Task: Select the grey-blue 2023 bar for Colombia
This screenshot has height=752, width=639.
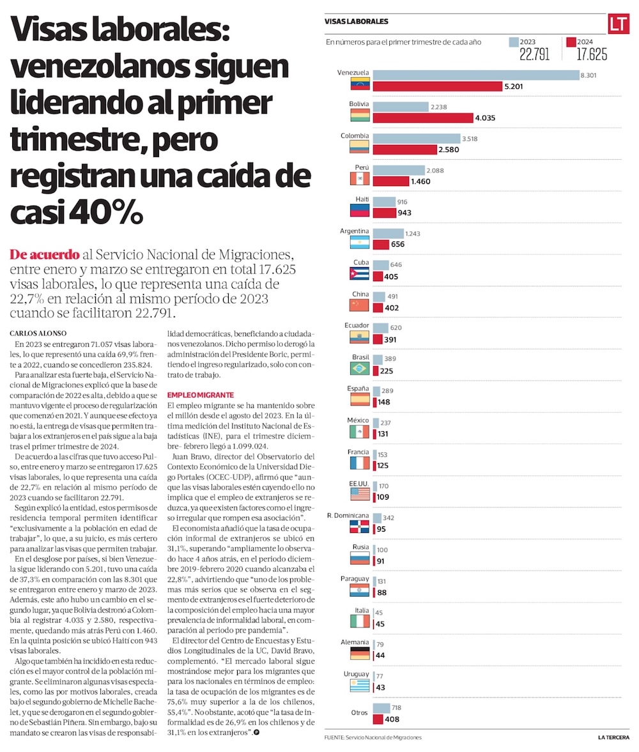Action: click(x=416, y=139)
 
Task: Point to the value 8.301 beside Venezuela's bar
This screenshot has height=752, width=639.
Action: click(x=589, y=75)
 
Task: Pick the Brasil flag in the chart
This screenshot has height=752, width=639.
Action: click(x=360, y=368)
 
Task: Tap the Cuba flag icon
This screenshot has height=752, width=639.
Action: click(x=360, y=273)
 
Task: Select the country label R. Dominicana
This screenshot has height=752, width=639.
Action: click(x=347, y=515)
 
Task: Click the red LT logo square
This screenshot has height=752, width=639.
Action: click(x=617, y=24)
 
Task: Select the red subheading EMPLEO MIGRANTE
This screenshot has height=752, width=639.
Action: click(x=200, y=395)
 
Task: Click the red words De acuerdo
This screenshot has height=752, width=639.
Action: click(x=45, y=254)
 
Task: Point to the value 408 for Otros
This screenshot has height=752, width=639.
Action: click(x=392, y=719)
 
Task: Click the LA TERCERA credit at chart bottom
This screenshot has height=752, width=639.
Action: click(x=615, y=737)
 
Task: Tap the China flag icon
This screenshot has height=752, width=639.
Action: click(x=360, y=305)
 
